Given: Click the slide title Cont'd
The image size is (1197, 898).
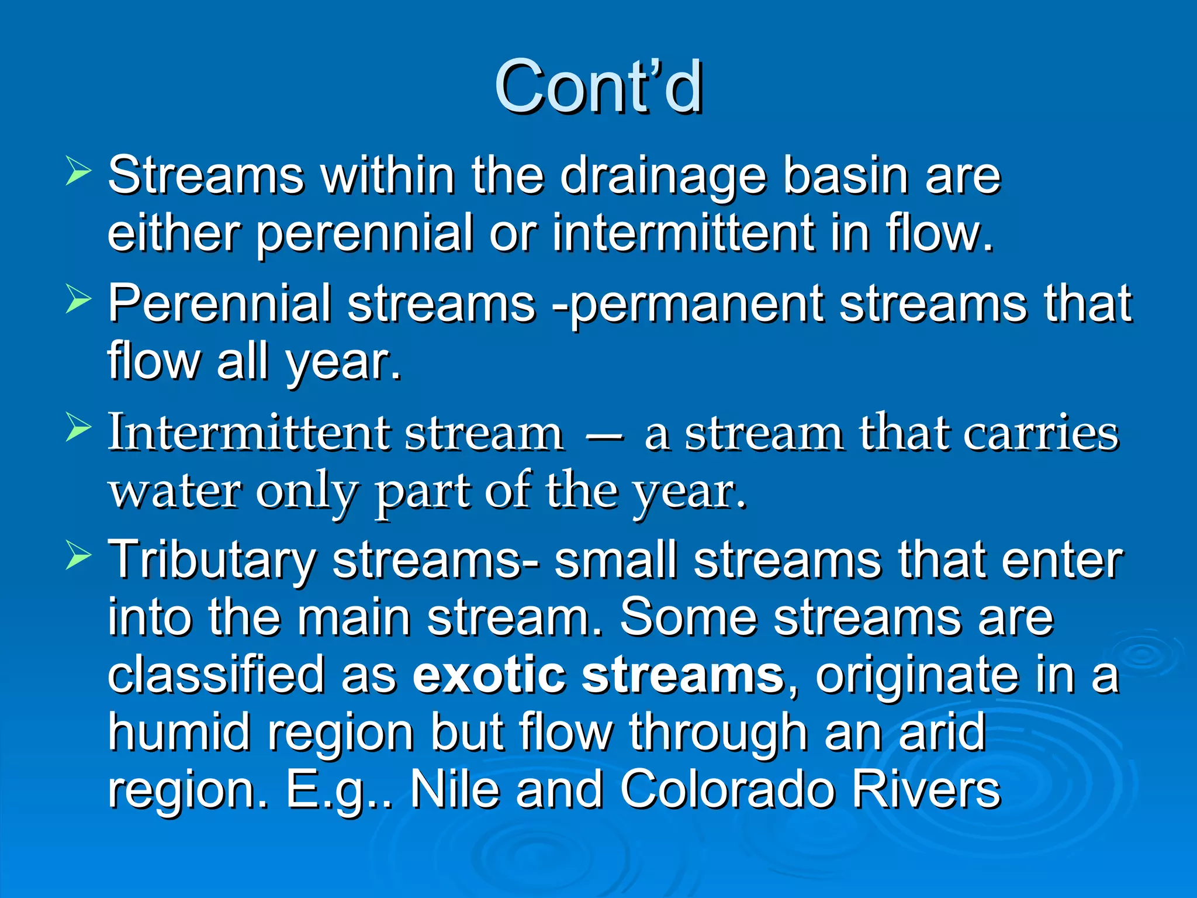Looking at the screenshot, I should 598,88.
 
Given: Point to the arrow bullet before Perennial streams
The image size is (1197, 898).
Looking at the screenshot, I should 78,300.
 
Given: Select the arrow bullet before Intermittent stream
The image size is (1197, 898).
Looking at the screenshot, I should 78,428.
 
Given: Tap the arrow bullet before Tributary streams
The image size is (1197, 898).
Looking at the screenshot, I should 78,555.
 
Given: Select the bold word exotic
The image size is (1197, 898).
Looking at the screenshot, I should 489,675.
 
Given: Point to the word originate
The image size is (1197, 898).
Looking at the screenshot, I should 915,676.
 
